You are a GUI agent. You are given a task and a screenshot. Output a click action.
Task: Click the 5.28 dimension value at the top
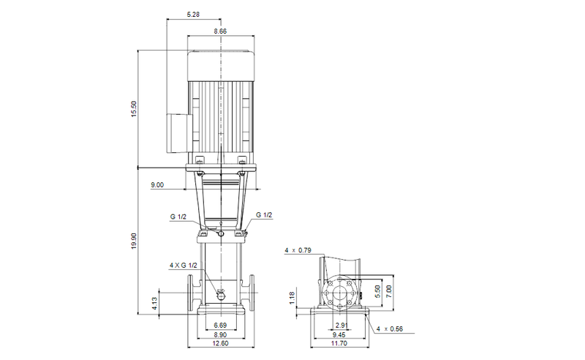click(x=193, y=15)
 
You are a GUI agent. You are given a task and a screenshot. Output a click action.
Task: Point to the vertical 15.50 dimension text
click(x=133, y=109)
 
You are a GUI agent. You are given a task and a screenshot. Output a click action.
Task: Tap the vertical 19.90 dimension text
click(x=133, y=241)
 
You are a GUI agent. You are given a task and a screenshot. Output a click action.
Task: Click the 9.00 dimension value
click(x=157, y=186)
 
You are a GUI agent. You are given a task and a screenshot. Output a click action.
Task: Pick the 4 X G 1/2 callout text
click(x=184, y=264)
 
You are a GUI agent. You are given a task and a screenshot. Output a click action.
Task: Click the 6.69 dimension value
click(x=220, y=324)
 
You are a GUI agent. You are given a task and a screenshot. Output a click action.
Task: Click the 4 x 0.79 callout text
click(x=298, y=251)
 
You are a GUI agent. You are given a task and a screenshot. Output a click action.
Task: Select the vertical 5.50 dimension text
click(x=378, y=290)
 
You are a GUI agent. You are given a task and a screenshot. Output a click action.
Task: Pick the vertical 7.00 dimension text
click(x=390, y=290)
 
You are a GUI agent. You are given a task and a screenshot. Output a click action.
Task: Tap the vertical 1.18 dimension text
click(x=291, y=296)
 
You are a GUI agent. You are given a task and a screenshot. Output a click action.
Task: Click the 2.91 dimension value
click(x=340, y=324)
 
